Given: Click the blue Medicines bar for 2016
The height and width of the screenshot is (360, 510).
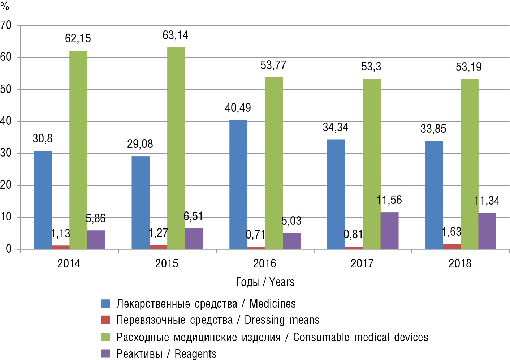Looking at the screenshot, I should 238,184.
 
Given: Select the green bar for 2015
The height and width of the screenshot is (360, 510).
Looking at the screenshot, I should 176,148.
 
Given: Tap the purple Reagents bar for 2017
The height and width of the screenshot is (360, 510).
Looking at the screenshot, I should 389,231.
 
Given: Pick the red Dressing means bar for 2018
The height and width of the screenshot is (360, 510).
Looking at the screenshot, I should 451,247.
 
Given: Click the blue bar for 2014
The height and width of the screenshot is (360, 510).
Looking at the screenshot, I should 43,200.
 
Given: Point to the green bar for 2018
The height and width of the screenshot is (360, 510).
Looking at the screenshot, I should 469,164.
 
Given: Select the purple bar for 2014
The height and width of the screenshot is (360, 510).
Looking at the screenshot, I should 96,240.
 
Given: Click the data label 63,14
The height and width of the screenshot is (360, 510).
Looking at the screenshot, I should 175,35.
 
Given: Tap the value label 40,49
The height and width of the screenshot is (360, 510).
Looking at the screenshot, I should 238,108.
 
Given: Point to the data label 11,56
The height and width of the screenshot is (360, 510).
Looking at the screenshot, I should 389,200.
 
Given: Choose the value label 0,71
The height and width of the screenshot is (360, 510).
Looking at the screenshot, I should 255,235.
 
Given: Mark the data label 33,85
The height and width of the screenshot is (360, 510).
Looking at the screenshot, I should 433,129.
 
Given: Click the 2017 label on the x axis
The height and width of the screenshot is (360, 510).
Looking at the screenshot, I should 362,263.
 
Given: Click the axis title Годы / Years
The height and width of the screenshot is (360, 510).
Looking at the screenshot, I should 265,282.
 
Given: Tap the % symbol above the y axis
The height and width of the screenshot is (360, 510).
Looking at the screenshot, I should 5,6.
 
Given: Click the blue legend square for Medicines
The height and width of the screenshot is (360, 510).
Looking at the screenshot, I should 105,304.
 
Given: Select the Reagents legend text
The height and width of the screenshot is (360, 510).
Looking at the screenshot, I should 166,354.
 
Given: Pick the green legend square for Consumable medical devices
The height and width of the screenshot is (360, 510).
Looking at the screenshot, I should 105,337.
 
